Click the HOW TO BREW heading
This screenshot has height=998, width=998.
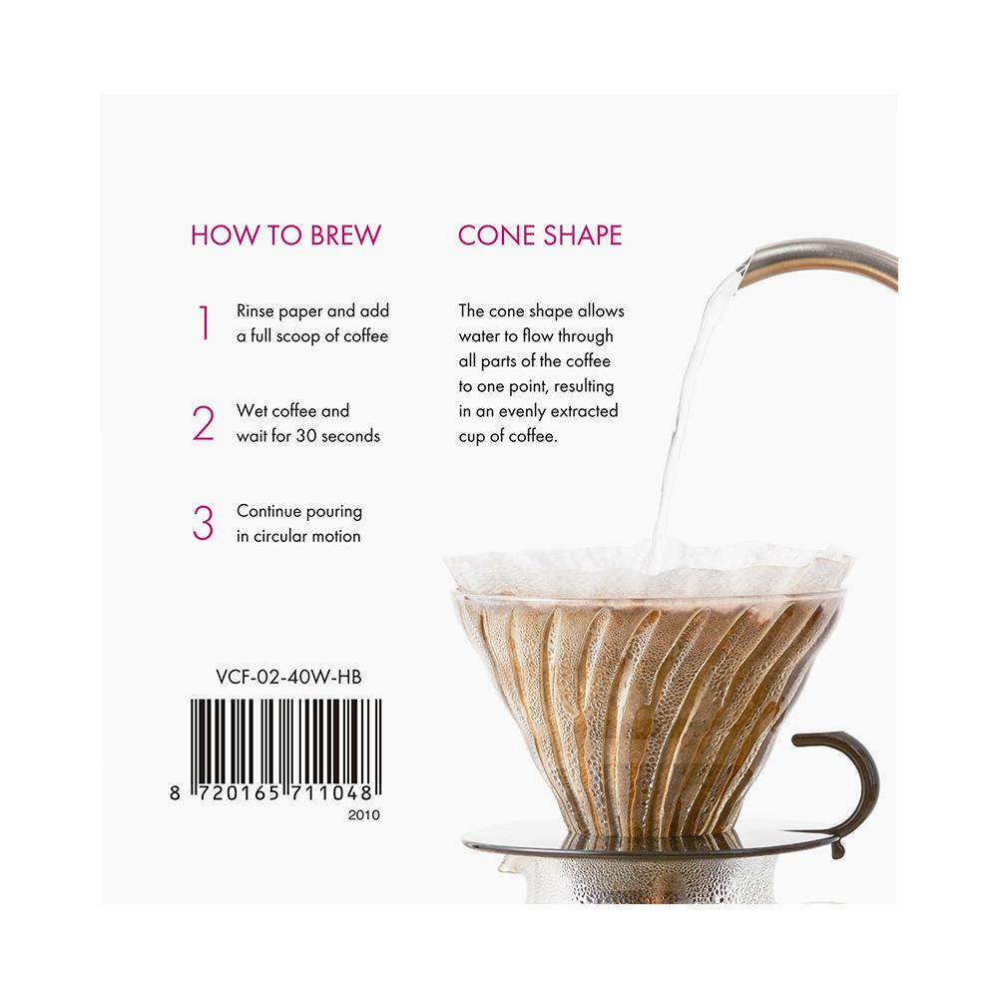[285, 236]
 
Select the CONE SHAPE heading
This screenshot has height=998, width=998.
[540, 236]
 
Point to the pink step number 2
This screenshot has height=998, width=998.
[203, 423]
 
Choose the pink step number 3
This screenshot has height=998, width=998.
[203, 523]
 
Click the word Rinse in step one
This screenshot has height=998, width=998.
[255, 310]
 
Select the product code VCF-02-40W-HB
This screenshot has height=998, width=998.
[289, 678]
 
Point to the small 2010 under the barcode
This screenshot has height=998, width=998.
[363, 814]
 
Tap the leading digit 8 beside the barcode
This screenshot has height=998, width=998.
[175, 793]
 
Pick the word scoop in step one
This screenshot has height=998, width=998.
[298, 336]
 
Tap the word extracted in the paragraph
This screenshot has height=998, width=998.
[584, 411]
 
